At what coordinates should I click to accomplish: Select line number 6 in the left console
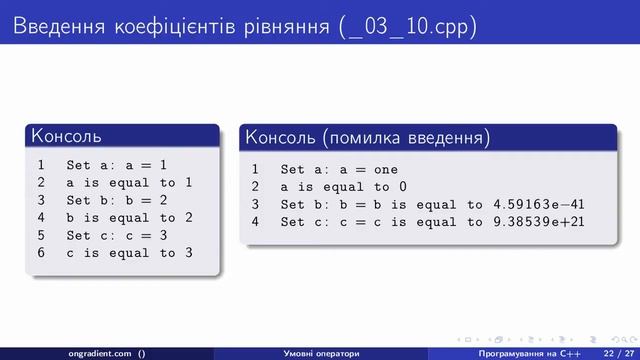click(40, 252)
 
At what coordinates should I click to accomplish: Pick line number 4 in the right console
click(255, 222)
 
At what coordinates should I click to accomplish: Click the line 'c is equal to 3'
click(129, 252)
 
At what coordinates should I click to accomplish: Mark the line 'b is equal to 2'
click(129, 217)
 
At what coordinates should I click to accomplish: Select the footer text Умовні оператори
click(321, 352)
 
